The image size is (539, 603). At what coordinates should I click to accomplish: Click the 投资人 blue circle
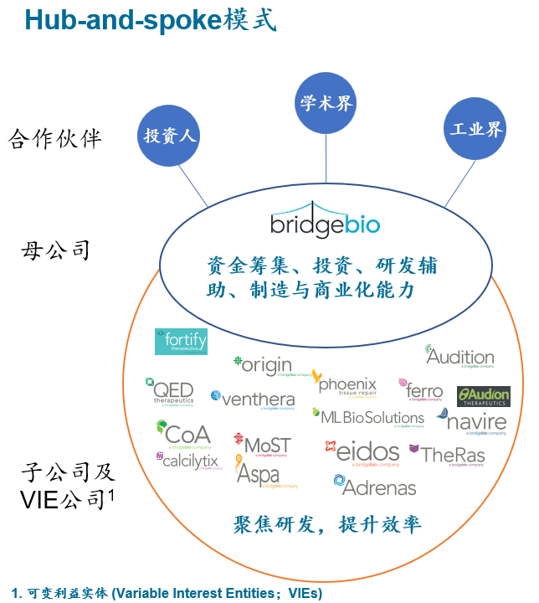coord(171,135)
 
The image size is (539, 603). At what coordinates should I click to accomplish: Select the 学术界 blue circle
coord(326,104)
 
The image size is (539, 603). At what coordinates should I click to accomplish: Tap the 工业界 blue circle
coord(476,129)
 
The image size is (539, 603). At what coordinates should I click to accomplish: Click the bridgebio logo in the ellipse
coord(326,221)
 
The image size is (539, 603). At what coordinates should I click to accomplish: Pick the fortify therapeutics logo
coord(181,343)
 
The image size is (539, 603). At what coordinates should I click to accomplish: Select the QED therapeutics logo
coord(170,392)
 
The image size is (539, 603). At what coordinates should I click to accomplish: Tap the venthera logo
coord(253,399)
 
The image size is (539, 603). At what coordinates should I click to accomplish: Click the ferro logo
coord(423,389)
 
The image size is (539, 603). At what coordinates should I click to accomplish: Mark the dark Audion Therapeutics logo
coord(483,396)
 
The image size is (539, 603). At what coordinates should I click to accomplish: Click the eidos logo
coord(362,452)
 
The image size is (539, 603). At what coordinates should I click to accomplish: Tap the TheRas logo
coord(447,455)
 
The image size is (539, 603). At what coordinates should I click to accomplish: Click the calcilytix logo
coord(186,461)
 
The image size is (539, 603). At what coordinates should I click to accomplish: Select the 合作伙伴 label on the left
coord(55,139)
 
